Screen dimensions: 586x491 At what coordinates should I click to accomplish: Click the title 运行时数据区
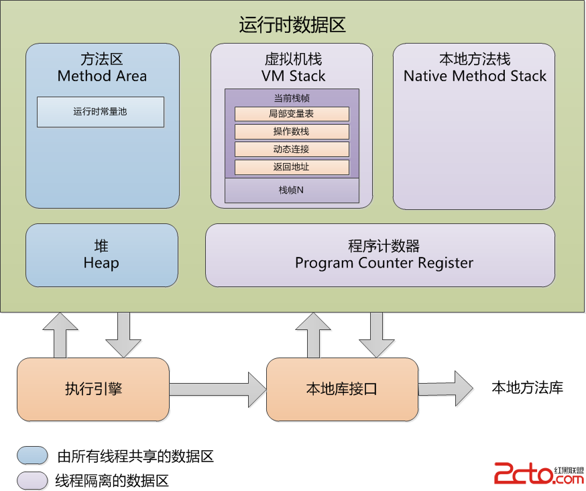tap(292, 25)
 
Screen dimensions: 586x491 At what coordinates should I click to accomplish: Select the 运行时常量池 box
tap(101, 112)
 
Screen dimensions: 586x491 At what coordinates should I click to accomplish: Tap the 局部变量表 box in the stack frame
tap(292, 114)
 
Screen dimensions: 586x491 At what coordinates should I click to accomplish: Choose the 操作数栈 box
tap(292, 131)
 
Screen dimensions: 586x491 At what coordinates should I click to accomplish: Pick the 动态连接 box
tap(292, 149)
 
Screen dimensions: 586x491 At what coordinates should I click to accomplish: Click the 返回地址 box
tap(292, 167)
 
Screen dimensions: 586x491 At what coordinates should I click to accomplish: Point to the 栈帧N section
tap(292, 190)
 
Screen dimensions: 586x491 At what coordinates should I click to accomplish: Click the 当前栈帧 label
tap(292, 99)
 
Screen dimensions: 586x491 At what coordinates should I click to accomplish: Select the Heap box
tap(102, 256)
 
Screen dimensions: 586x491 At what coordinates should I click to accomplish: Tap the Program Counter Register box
tap(380, 256)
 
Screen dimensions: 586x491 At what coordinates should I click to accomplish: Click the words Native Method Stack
tap(475, 76)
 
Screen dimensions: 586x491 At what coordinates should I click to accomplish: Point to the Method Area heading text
tap(102, 76)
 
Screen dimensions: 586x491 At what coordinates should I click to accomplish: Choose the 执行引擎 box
tap(93, 389)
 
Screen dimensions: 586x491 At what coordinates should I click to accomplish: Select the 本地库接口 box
tap(343, 389)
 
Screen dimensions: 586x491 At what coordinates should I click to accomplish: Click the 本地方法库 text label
tap(527, 388)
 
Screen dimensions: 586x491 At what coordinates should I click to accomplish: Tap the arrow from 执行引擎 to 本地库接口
tap(218, 390)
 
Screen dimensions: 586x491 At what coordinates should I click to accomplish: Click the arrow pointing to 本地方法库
tap(445, 388)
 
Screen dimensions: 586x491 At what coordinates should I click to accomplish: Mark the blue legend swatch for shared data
tap(32, 455)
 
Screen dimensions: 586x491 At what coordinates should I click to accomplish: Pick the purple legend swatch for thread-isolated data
tap(32, 480)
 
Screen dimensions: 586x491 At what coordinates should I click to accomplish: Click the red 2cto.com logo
tap(539, 474)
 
